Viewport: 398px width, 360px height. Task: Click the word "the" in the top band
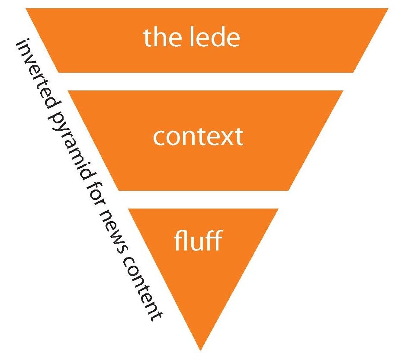160,38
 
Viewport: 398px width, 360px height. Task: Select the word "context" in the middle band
198,137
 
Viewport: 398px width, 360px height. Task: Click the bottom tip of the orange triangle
200,349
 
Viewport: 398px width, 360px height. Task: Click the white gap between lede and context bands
203,81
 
